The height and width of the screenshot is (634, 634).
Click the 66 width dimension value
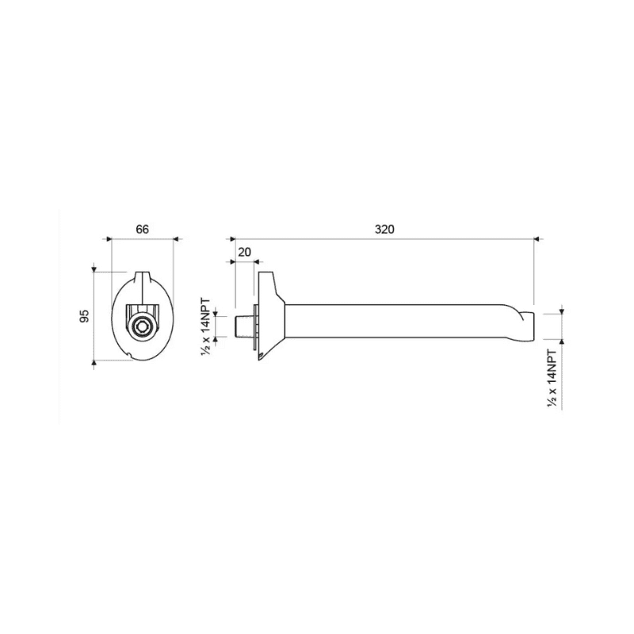point(143,230)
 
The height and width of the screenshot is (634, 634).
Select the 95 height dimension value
point(83,317)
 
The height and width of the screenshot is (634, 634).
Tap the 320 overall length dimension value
point(384,230)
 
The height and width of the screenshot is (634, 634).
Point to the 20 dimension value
point(244,251)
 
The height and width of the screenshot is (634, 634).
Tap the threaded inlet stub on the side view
point(243,325)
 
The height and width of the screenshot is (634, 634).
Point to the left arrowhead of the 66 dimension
point(109,237)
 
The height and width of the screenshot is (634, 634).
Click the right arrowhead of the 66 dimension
point(174,237)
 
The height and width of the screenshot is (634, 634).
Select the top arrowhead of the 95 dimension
point(94,270)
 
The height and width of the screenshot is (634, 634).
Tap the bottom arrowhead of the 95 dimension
point(94,363)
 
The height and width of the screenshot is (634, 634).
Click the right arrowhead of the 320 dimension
point(535,237)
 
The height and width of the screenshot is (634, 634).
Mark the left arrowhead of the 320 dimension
point(232,237)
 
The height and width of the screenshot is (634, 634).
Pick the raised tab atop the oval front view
point(143,277)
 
